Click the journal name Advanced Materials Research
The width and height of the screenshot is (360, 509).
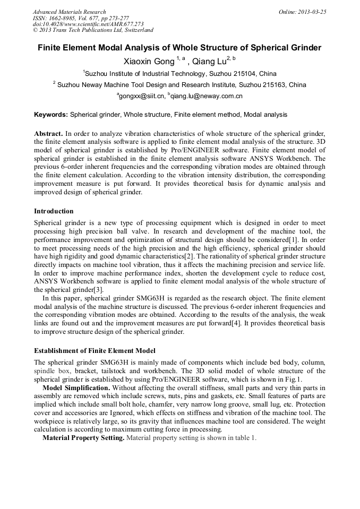(x=69, y=12)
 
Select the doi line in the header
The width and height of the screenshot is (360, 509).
(x=88, y=24)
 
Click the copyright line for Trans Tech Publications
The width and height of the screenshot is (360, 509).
(x=93, y=30)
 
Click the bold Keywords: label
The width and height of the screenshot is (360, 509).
(x=51, y=114)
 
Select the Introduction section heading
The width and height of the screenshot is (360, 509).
(x=54, y=211)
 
